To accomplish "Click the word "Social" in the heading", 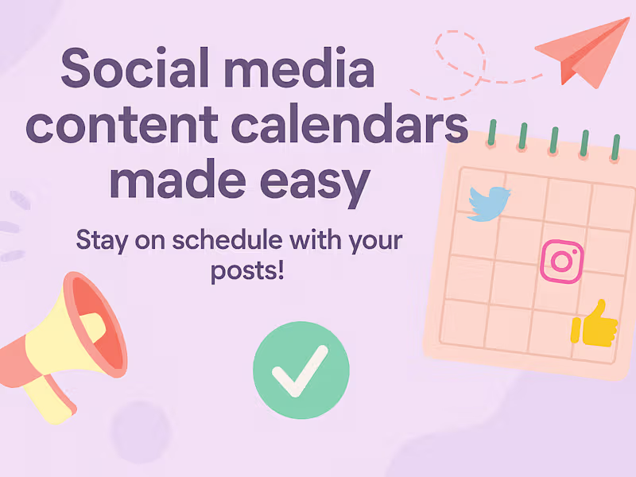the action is (134, 68).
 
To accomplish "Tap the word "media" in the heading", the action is (300, 68).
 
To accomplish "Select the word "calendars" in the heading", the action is (350, 124).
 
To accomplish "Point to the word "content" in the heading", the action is (122, 125).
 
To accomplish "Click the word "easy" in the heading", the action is (315, 184).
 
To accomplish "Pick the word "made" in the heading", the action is (177, 178).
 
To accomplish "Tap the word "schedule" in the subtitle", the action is (227, 239).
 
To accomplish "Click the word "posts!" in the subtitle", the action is (247, 270).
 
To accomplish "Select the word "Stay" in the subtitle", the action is (103, 241).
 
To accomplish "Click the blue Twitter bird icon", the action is (489, 204).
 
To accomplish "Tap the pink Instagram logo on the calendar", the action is (562, 262).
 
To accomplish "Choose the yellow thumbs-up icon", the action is (594, 324).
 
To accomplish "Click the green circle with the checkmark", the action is (301, 370).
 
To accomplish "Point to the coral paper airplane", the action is (584, 52).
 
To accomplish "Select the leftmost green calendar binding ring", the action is (491, 133).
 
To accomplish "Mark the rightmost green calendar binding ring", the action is (615, 148).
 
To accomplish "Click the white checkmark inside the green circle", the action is (300, 371).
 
